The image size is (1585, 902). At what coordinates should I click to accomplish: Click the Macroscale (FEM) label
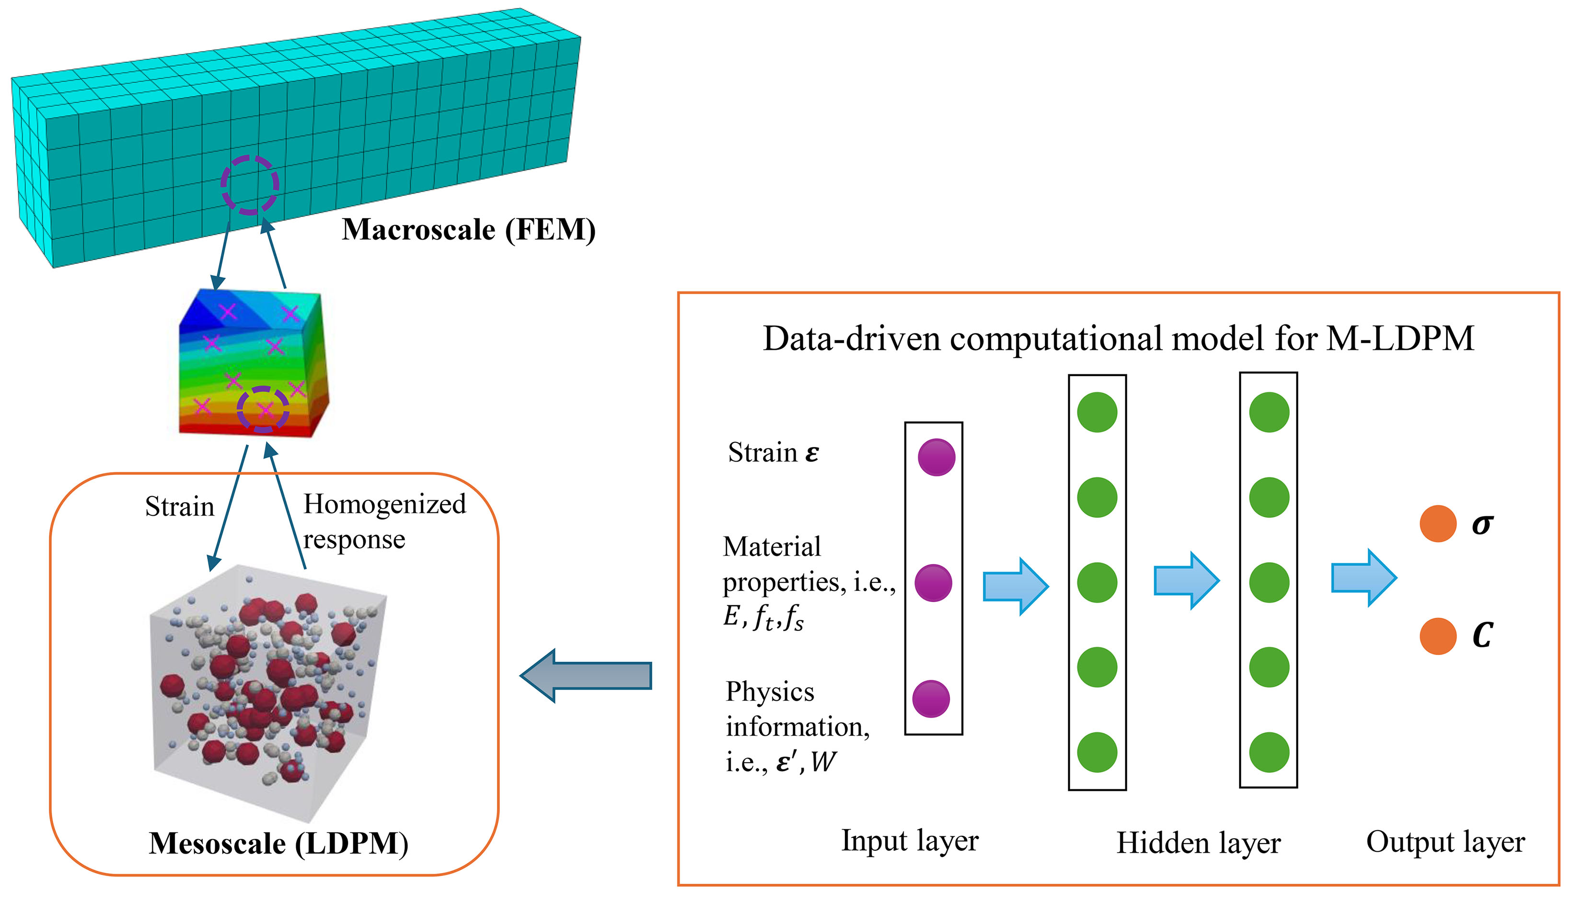coord(468,230)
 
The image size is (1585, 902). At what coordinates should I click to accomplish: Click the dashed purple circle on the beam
coord(250,185)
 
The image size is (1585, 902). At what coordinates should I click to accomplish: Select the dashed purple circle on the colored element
coord(263,409)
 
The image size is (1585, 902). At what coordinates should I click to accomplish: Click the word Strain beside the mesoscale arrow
coord(180,507)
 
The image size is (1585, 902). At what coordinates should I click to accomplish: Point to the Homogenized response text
coord(383,521)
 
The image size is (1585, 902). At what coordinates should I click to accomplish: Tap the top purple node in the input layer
coord(936,457)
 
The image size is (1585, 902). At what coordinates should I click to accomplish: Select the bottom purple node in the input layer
coord(931,698)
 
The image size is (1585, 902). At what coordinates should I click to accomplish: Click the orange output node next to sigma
coord(1437,523)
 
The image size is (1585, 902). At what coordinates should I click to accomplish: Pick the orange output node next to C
coord(1437,636)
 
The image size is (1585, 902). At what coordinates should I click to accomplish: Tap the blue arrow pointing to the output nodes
coord(1363,578)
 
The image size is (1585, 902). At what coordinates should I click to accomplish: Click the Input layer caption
coord(909,841)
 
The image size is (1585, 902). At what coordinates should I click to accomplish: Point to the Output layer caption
coord(1445,842)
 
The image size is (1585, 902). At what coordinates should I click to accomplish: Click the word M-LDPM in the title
coord(1400,339)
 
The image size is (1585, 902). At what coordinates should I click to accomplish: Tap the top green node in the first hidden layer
coord(1097,412)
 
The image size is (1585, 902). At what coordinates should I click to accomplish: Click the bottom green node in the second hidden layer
coord(1269,752)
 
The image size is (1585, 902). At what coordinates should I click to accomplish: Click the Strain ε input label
coord(773,453)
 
